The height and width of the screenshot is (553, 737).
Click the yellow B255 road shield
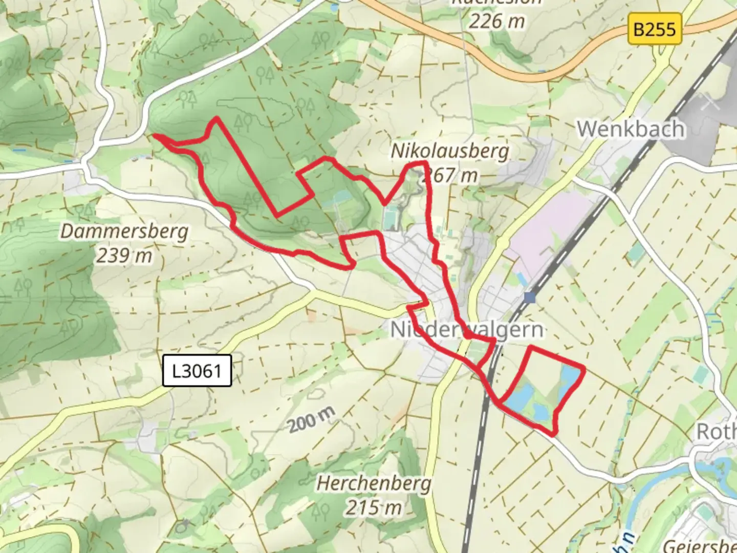(x=655, y=29)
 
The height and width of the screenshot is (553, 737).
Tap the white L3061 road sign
(x=197, y=370)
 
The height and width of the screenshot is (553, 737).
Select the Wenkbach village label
(x=631, y=129)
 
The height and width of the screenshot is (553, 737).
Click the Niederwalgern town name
(x=466, y=330)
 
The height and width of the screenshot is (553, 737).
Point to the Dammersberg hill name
(x=124, y=231)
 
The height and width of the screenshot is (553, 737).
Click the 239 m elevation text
(x=124, y=255)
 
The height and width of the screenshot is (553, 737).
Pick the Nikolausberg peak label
(x=450, y=151)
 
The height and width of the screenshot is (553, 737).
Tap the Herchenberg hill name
(x=374, y=483)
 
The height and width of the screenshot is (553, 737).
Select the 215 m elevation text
(x=374, y=507)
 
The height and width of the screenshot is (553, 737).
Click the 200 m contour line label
(x=312, y=419)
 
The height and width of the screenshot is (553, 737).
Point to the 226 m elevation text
(x=496, y=21)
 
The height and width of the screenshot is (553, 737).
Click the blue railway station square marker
(x=529, y=297)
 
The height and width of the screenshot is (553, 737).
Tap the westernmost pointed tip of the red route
(x=155, y=136)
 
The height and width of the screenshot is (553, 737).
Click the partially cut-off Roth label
(x=717, y=432)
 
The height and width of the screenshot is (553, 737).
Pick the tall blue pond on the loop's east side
(x=569, y=382)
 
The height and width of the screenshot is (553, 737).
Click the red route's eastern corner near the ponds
(x=583, y=368)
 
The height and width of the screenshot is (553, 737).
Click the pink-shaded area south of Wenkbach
(x=553, y=225)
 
